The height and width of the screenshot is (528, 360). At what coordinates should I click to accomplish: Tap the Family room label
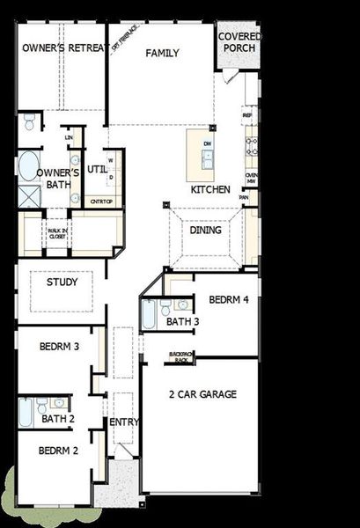(162, 54)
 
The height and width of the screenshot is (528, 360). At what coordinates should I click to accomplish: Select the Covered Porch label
(239, 41)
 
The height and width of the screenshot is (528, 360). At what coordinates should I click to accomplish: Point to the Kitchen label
(210, 189)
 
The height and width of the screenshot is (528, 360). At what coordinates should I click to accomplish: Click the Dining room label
(205, 231)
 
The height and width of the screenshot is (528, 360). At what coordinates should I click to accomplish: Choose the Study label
(61, 283)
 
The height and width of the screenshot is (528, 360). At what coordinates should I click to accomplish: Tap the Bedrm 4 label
(229, 300)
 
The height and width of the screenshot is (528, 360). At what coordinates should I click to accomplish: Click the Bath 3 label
(183, 322)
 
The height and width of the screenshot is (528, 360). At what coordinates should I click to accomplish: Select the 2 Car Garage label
(202, 395)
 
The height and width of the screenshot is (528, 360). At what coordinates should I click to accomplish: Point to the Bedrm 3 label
(60, 347)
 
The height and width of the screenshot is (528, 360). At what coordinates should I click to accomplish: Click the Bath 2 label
(58, 419)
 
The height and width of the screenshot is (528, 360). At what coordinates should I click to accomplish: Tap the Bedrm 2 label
(59, 450)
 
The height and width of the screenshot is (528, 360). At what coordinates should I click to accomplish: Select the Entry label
(124, 422)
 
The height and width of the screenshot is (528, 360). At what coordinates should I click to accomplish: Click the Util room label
(96, 168)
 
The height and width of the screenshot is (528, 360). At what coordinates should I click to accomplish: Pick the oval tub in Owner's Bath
(28, 165)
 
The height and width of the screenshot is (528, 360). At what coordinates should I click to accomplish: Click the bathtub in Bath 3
(149, 314)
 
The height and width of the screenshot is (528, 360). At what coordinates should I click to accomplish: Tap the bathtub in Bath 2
(26, 411)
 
